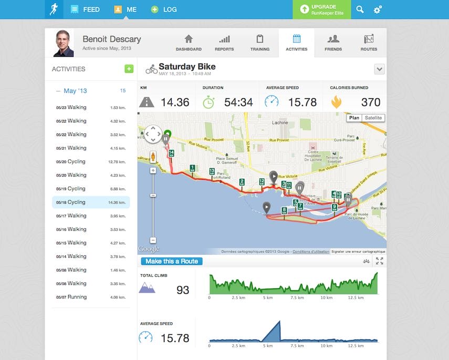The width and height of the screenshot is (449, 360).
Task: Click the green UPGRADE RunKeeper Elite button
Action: tap(321, 9)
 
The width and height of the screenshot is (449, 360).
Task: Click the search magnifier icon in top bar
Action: tap(360, 9)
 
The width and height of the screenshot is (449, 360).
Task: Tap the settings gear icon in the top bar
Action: tap(378, 9)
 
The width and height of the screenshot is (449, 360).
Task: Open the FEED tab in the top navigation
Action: tap(85, 9)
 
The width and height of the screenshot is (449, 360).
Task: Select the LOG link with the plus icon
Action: tap(164, 9)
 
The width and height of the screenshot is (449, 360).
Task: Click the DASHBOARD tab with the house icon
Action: tap(189, 43)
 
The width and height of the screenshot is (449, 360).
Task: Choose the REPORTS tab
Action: tap(224, 43)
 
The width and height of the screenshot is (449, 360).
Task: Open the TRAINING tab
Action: tap(259, 43)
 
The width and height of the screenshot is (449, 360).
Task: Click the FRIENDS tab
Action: tap(333, 43)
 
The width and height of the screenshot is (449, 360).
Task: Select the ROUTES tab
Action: tap(369, 43)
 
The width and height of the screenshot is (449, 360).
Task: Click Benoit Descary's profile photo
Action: tap(64, 43)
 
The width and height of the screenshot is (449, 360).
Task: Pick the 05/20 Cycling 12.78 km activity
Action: tap(91, 162)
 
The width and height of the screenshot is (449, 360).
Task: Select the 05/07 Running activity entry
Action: tap(91, 297)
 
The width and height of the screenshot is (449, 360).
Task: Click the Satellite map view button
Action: tap(373, 118)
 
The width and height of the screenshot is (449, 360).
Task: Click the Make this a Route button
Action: tap(171, 261)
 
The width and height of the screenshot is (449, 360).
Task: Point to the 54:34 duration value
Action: tap(238, 102)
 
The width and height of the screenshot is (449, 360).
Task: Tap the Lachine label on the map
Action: tap(280, 122)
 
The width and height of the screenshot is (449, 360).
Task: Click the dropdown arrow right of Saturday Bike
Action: tap(380, 69)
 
